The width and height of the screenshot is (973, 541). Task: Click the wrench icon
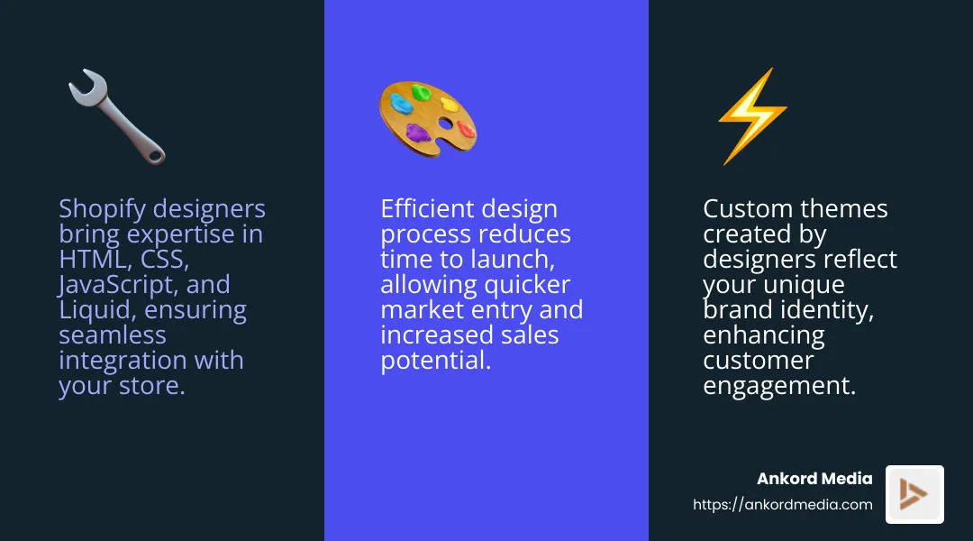pos(116,117)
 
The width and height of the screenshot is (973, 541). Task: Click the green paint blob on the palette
pos(421,92)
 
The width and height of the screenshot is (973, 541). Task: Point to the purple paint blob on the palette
pos(418,133)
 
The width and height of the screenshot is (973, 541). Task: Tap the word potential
pos(435,361)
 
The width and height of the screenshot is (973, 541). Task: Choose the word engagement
pos(777,386)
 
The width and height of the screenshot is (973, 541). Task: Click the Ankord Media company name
pos(814,479)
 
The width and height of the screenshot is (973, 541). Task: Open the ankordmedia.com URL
pos(782,505)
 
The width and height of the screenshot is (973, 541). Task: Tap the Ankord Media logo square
pos(914,494)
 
